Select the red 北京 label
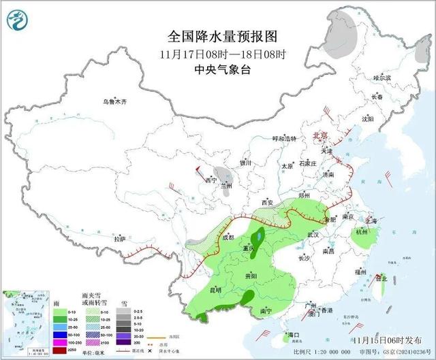coord(320,135)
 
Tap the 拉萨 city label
coord(120,239)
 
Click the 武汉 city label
coord(313,234)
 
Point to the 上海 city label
coord(371,220)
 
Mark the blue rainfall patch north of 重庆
coord(259,237)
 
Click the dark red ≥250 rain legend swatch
coord(61,350)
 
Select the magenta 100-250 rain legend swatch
coord(61,342)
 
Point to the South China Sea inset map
coord(27,320)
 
